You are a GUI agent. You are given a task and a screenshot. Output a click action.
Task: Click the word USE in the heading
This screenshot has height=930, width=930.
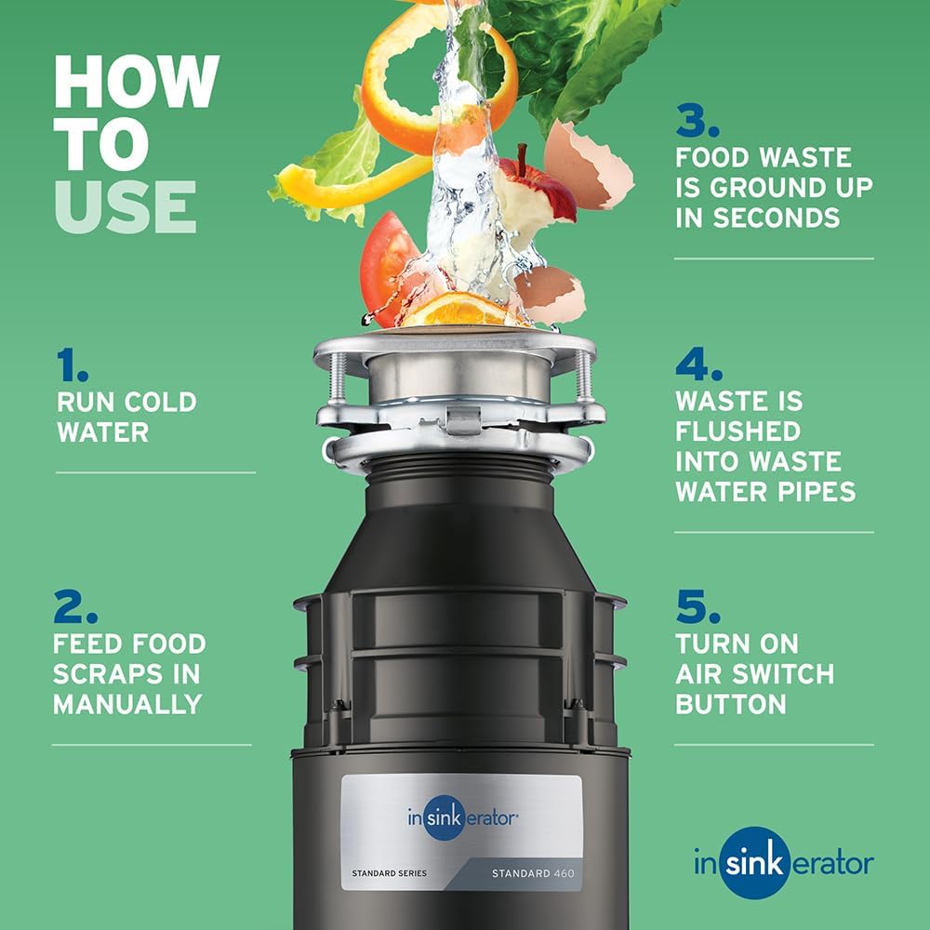pos(125,206)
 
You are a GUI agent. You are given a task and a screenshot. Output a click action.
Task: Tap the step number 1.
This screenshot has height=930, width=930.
pos(72,365)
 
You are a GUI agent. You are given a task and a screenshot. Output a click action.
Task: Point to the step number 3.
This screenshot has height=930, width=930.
pos(697,121)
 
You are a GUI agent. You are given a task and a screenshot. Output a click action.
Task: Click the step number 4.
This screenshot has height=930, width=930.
pos(697,365)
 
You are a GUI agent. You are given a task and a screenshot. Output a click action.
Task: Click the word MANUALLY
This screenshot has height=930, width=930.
pos(127,704)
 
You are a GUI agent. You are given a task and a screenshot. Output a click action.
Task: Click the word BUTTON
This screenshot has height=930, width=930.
pos(731,704)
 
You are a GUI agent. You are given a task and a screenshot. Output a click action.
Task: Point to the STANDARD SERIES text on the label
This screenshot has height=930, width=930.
pos(389,873)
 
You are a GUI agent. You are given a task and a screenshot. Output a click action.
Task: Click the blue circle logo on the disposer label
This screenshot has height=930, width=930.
pos(448,818)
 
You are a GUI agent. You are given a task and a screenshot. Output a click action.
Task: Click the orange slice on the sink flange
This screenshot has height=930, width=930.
pos(458,311)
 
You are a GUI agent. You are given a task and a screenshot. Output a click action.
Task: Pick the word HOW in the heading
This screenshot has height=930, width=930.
pos(136,82)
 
